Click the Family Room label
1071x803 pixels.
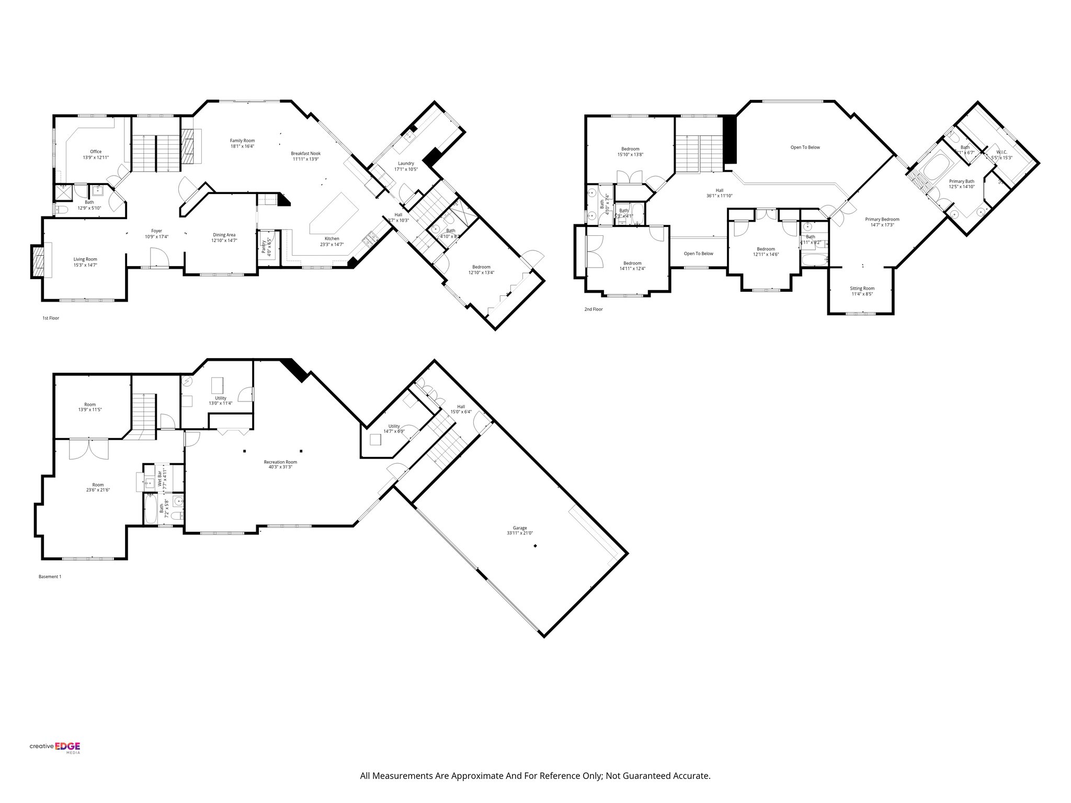tap(242, 140)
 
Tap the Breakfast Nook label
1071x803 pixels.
tap(305, 153)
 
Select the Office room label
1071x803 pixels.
tap(96, 152)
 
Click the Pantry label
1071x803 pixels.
tap(264, 246)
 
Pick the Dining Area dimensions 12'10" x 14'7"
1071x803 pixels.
tap(224, 241)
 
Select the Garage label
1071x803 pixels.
tap(519, 527)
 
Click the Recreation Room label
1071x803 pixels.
tap(280, 462)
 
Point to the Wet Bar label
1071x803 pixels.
tap(159, 479)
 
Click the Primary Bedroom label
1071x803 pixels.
tap(882, 219)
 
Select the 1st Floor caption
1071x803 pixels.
tap(51, 318)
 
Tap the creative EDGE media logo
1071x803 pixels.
tap(55, 748)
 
